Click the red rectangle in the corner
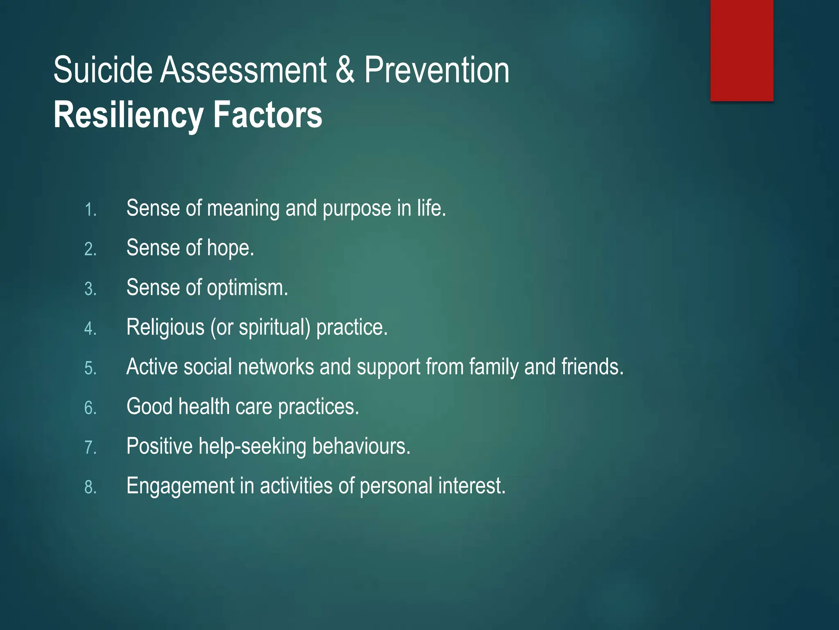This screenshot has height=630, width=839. (x=741, y=50)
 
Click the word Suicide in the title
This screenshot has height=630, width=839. (x=103, y=70)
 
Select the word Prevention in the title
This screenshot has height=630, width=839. (x=437, y=70)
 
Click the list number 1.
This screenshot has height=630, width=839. (x=90, y=210)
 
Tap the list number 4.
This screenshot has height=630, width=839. (x=90, y=329)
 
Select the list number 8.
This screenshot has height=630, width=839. (x=90, y=487)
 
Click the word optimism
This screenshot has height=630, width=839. (x=247, y=288)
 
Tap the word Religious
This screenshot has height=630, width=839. (x=165, y=328)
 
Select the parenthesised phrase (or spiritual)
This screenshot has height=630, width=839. (x=261, y=328)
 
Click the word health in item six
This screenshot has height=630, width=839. (x=204, y=407)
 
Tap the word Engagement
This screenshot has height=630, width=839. (x=180, y=486)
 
